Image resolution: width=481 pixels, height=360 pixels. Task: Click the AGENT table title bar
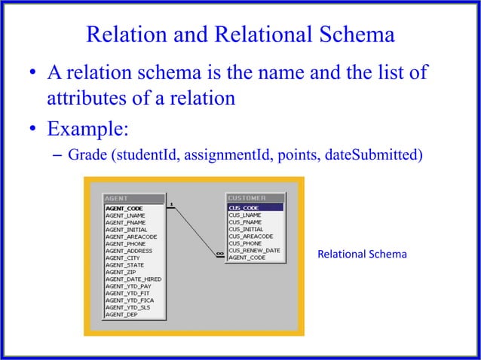click(x=133, y=200)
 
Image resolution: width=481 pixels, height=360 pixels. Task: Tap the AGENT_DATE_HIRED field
click(x=133, y=279)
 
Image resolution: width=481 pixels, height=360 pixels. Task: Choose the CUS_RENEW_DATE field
click(x=254, y=250)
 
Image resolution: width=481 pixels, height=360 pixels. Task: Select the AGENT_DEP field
click(x=121, y=314)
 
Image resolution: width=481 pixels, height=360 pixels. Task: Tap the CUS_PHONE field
click(x=246, y=243)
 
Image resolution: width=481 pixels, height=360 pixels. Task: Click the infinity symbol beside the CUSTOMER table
click(x=219, y=254)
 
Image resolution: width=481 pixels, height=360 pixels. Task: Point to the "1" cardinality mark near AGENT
click(x=173, y=203)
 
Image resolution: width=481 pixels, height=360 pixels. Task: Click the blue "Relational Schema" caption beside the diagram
click(x=362, y=255)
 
